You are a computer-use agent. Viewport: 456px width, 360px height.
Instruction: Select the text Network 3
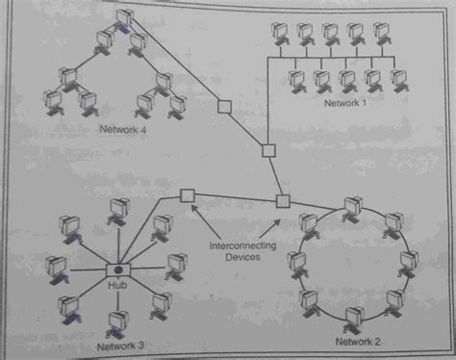click(x=122, y=344)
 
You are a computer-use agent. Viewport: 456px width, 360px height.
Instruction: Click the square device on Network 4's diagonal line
click(x=225, y=107)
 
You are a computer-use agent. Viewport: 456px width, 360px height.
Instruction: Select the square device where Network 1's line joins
click(x=269, y=150)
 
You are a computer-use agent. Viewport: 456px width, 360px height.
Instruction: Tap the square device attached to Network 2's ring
click(x=283, y=200)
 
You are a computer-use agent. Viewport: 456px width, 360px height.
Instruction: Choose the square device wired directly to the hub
click(x=187, y=195)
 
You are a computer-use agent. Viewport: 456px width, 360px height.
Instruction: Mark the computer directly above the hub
click(x=119, y=207)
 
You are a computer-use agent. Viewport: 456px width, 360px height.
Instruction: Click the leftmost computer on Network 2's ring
click(x=293, y=260)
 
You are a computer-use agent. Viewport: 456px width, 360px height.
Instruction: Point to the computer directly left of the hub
click(x=60, y=265)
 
